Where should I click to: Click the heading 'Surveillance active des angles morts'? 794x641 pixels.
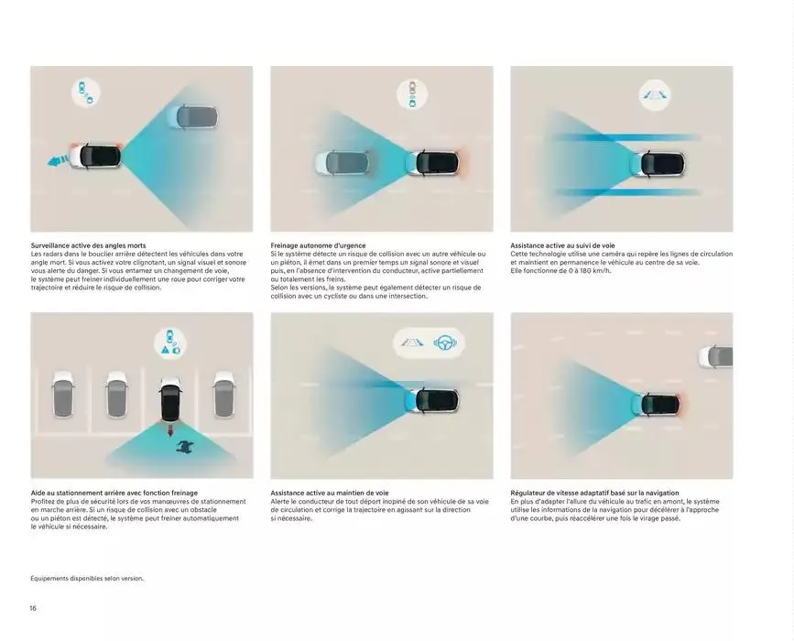click(88, 245)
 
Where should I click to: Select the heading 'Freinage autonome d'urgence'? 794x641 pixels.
click(318, 245)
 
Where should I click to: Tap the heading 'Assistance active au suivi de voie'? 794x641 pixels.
click(562, 245)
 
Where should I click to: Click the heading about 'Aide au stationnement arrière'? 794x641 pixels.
click(114, 493)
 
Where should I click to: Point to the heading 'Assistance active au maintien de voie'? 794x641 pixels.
click(330, 493)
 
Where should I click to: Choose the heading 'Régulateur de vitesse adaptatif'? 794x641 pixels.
click(594, 493)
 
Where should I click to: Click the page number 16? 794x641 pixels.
click(33, 608)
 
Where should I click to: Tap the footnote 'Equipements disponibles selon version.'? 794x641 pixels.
click(87, 578)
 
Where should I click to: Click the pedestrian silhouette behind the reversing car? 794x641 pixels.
click(185, 446)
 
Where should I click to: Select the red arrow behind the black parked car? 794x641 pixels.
click(170, 429)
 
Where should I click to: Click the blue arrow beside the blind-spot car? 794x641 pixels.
click(58, 160)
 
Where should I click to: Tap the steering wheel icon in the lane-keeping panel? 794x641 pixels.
click(445, 342)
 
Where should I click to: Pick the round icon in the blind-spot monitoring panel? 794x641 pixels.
click(86, 92)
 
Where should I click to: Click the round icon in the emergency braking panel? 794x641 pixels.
click(412, 94)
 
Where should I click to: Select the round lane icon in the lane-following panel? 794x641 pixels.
click(654, 94)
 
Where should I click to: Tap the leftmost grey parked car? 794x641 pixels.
click(63, 395)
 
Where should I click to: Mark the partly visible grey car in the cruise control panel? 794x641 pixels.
click(715, 356)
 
